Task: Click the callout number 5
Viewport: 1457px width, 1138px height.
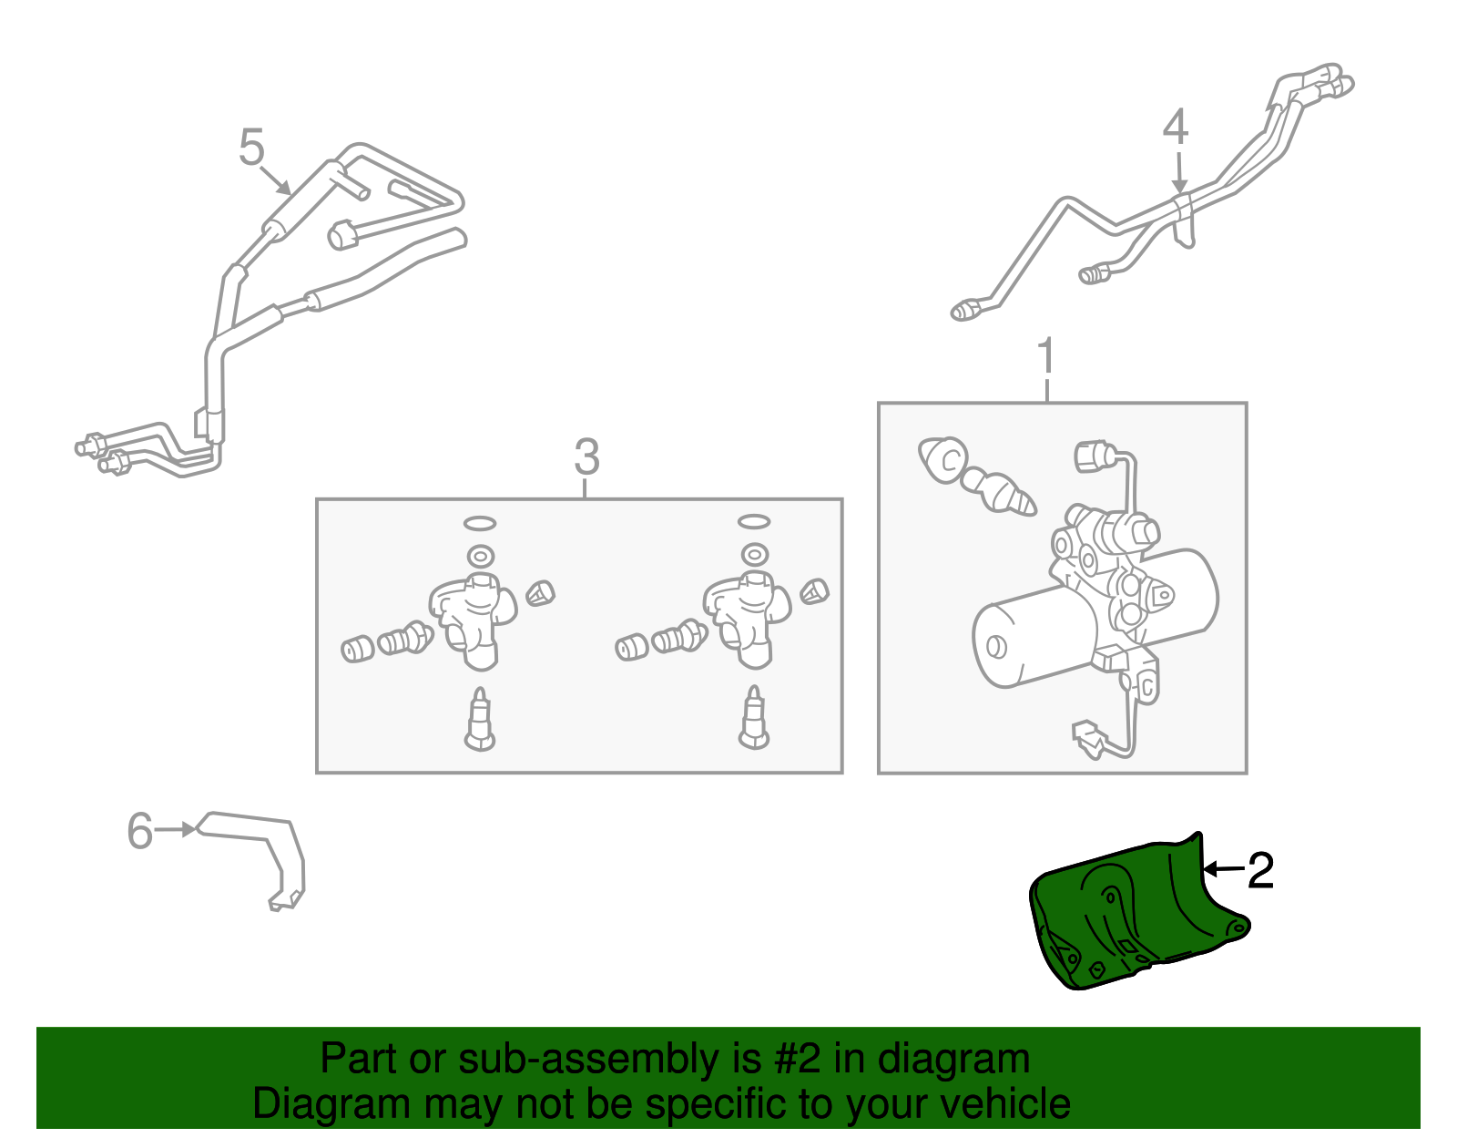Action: tap(251, 148)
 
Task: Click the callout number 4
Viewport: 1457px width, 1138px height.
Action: tap(1176, 128)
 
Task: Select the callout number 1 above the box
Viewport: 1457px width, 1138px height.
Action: tap(1046, 357)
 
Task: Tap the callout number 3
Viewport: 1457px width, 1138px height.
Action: tap(586, 457)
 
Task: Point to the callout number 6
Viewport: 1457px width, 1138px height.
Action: tap(140, 831)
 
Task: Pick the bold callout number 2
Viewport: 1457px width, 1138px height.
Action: tap(1260, 871)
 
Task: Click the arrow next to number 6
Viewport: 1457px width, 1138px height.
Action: tap(175, 830)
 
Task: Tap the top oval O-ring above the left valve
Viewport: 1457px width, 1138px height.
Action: tap(480, 523)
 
